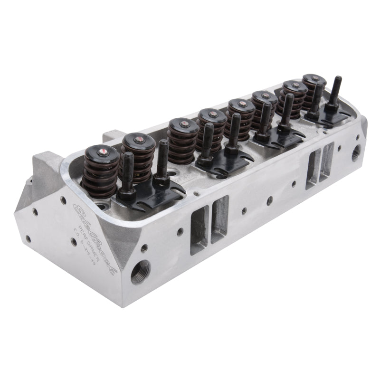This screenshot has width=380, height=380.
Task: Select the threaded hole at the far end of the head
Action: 355,152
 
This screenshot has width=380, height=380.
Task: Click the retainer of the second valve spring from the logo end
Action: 138,141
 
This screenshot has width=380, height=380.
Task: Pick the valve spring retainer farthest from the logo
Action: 314,79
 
